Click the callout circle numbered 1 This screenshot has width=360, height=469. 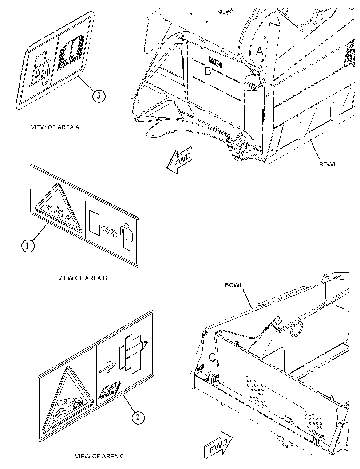click(28, 246)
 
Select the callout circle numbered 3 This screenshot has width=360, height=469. click(99, 96)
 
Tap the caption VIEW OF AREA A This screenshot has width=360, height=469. click(55, 127)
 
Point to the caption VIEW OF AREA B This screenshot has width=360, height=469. click(82, 278)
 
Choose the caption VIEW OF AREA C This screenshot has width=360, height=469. click(99, 456)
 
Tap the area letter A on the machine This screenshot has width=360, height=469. click(260, 51)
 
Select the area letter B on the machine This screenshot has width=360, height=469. click(208, 71)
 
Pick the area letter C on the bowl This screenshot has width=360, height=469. click(212, 357)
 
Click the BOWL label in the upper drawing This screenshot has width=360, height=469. click(328, 164)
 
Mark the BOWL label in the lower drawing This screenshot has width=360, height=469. click(234, 285)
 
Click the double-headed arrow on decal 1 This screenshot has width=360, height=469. click(110, 232)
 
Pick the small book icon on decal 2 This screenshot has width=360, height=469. click(110, 390)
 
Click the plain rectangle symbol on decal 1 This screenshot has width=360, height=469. click(94, 222)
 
